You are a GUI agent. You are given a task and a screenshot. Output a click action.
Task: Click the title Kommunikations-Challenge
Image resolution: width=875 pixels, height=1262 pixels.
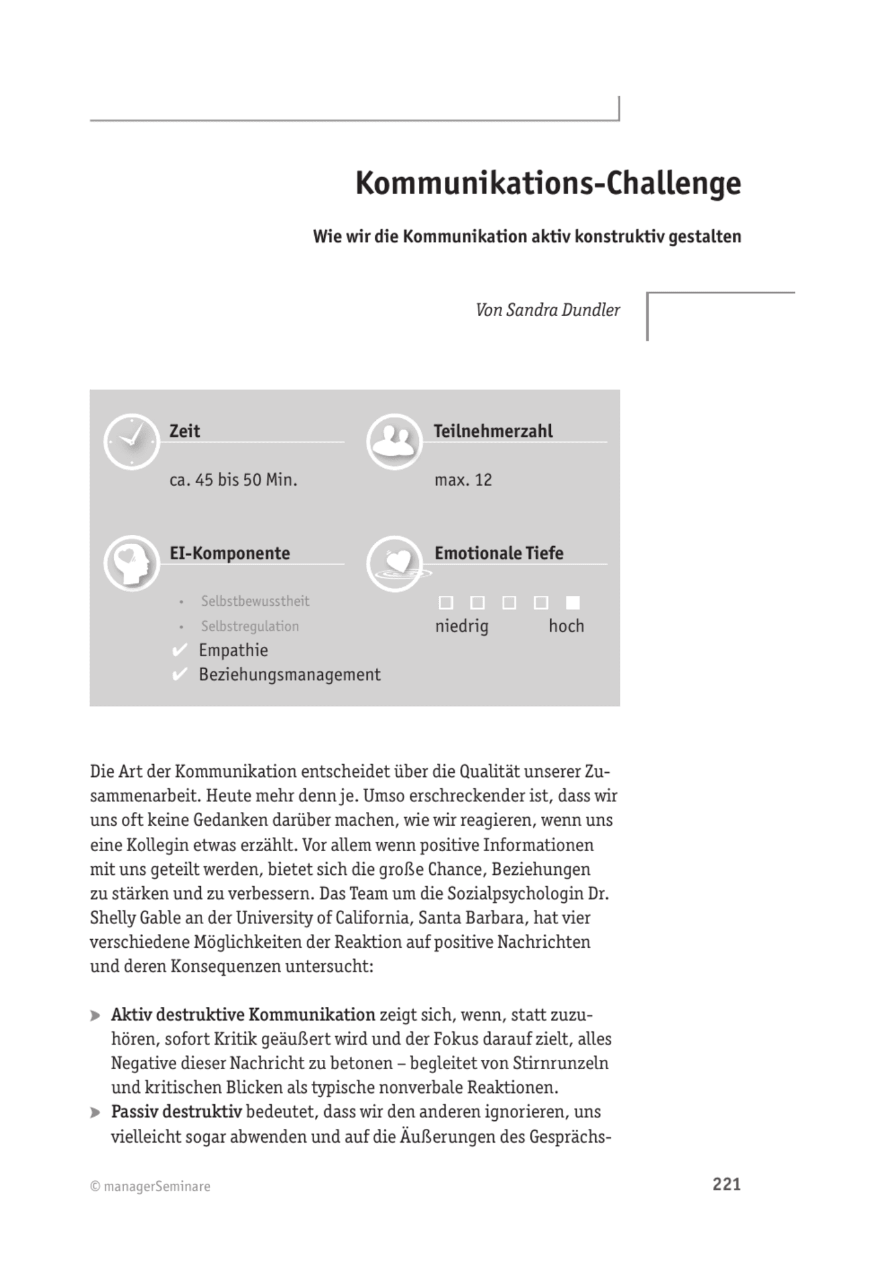[548, 184]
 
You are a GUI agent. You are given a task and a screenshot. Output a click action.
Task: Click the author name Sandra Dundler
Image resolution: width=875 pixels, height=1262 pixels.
[563, 310]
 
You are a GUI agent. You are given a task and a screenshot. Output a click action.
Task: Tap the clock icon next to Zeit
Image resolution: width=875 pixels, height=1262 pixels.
[131, 441]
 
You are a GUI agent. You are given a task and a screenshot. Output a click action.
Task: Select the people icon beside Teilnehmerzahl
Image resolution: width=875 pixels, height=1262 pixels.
[394, 441]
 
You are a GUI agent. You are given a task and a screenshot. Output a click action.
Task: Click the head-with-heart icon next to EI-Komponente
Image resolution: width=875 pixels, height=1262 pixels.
[131, 563]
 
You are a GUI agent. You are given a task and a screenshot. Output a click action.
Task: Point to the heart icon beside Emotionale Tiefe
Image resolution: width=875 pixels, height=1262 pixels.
[395, 563]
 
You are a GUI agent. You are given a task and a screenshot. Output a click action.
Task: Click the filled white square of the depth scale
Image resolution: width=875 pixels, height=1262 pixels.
[573, 602]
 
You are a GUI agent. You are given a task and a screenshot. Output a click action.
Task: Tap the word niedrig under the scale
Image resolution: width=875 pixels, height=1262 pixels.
[461, 626]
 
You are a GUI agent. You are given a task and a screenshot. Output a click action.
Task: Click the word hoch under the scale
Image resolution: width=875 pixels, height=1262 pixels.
[566, 626]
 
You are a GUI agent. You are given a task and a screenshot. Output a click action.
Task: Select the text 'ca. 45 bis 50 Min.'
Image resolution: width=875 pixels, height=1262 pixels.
[233, 480]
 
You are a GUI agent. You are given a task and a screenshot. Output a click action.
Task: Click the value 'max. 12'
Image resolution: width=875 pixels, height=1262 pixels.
[463, 480]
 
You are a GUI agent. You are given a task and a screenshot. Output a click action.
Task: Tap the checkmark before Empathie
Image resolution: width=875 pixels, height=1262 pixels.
[179, 650]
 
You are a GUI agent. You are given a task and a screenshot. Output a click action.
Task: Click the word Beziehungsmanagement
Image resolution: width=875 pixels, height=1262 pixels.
[290, 675]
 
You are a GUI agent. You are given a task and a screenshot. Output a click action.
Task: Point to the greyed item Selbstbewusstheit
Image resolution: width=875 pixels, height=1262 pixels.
[255, 601]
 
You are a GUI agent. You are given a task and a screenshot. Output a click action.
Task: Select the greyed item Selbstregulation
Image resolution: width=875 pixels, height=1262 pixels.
[250, 626]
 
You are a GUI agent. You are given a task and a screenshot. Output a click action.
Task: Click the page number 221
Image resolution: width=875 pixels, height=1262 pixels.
[727, 1184]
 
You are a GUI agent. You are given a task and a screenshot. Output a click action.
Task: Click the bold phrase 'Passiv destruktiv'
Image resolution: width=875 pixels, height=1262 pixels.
[176, 1112]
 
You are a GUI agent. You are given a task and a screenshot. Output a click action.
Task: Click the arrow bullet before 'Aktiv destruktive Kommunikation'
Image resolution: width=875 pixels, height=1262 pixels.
[95, 1015]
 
